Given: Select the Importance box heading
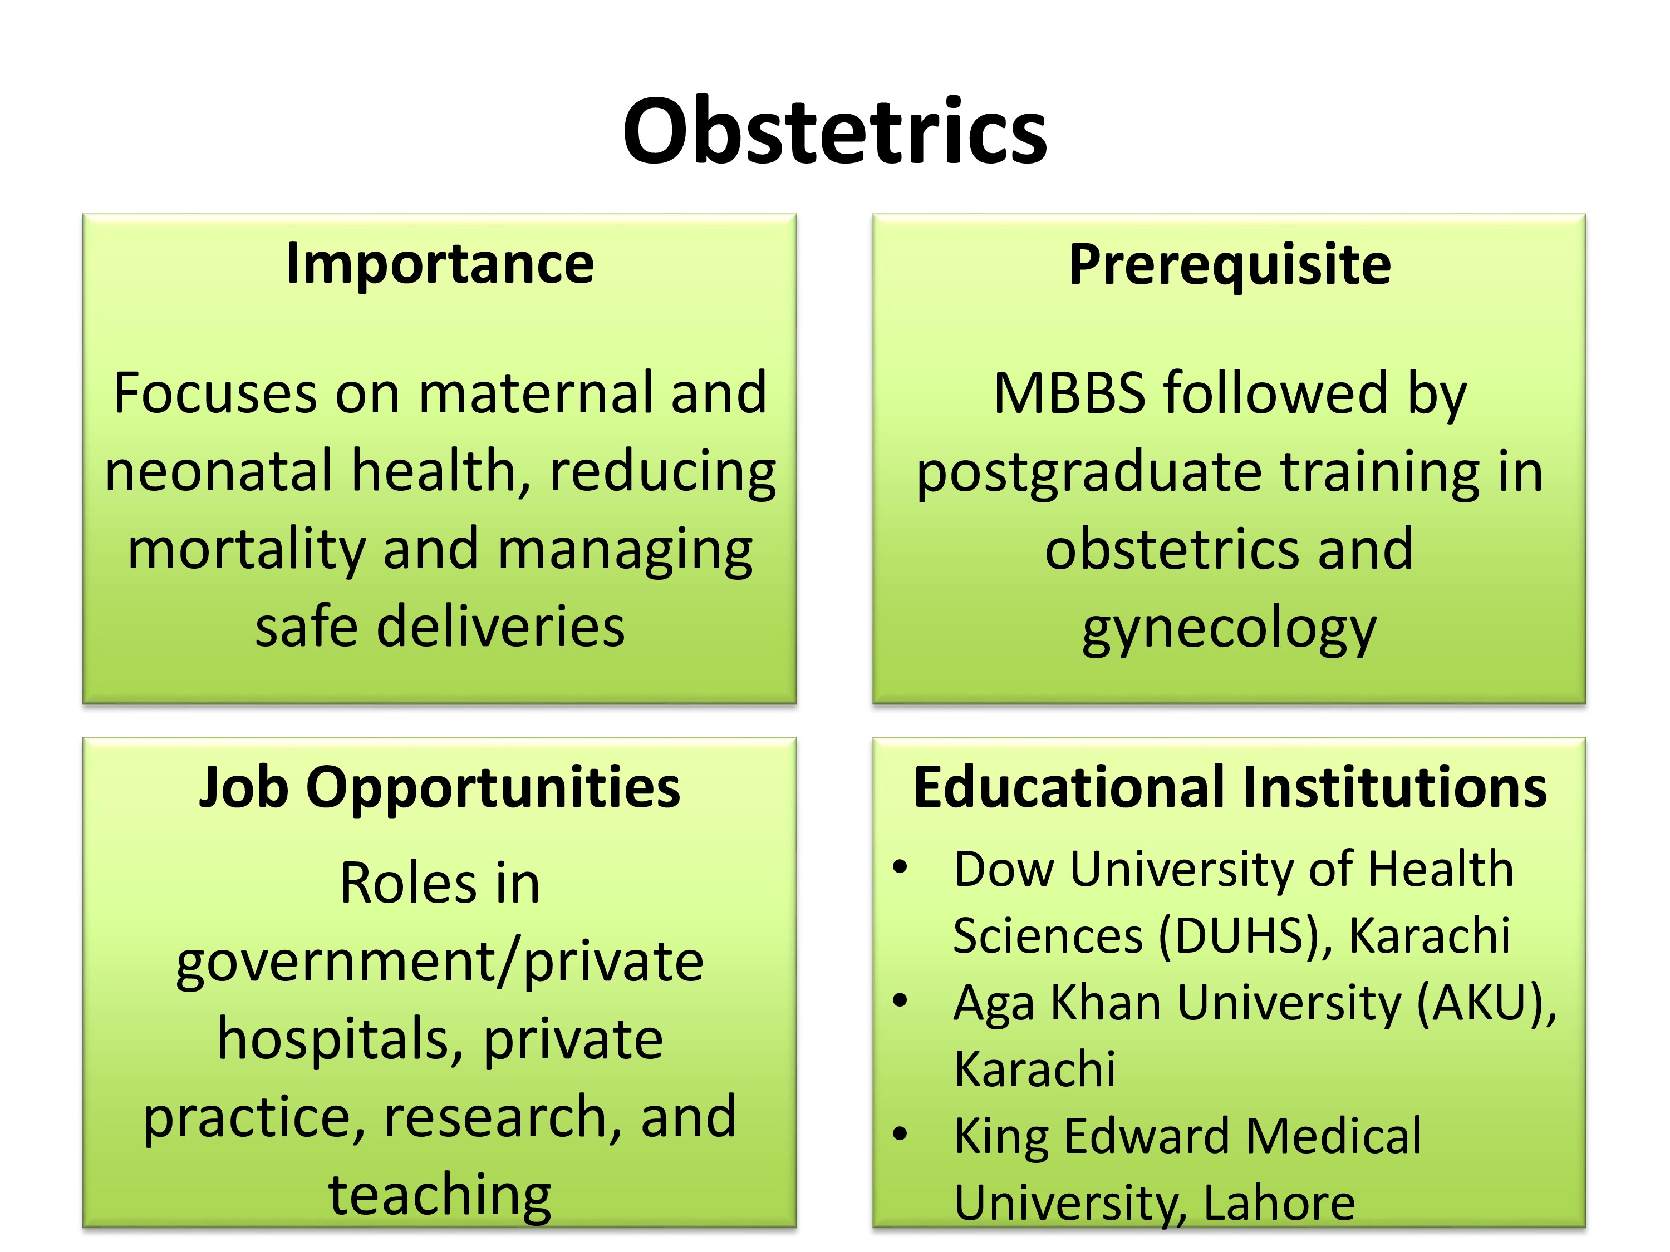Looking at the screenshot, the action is [440, 265].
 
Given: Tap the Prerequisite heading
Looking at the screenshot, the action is [1230, 265].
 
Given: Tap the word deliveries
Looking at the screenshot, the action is [500, 627].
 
